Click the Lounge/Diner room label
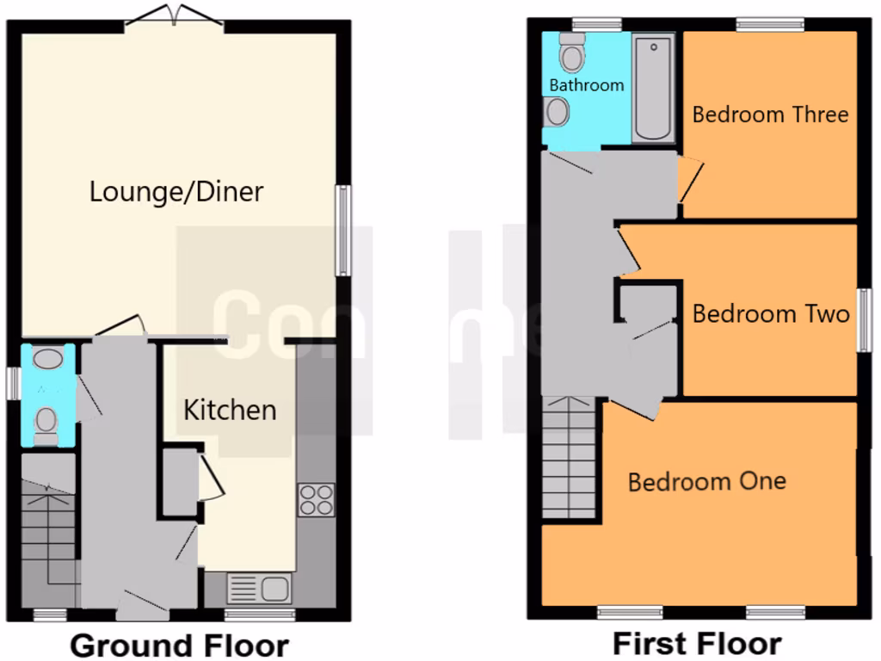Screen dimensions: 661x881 click(176, 191)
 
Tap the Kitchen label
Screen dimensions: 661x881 click(230, 410)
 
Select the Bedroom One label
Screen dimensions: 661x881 click(706, 481)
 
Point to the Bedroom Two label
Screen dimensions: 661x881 click(771, 313)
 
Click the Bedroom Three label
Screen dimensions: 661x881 click(770, 114)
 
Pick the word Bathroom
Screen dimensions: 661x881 click(586, 85)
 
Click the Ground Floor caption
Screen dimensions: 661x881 click(179, 645)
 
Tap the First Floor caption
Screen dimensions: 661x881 click(697, 643)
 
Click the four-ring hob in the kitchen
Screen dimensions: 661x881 click(316, 500)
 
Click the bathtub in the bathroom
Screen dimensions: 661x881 click(654, 88)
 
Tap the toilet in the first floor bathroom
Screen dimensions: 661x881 click(571, 53)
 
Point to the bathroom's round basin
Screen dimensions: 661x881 click(558, 111)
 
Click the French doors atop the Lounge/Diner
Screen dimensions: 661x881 click(175, 15)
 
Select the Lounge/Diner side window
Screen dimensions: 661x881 click(343, 230)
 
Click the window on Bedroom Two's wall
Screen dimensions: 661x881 click(865, 319)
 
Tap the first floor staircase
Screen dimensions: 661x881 click(569, 458)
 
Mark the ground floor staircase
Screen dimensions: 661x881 click(48, 529)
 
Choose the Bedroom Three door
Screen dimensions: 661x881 click(690, 179)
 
